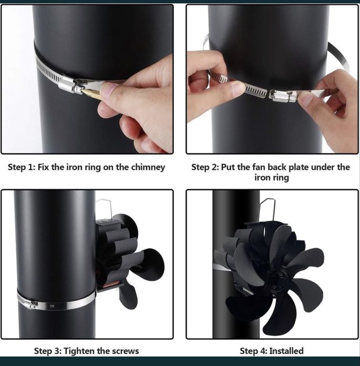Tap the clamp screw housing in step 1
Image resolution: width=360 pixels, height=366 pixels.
(68, 85)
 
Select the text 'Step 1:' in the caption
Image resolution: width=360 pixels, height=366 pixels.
(21, 167)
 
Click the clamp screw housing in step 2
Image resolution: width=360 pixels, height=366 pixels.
(282, 96)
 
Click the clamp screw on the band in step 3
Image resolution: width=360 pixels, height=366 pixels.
(32, 304)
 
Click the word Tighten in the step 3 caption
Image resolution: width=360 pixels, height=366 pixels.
(78, 351)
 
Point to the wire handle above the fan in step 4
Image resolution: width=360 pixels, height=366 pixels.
(267, 210)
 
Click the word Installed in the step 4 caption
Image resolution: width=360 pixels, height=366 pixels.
(286, 351)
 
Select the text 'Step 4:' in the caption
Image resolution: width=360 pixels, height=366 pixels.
(254, 351)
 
